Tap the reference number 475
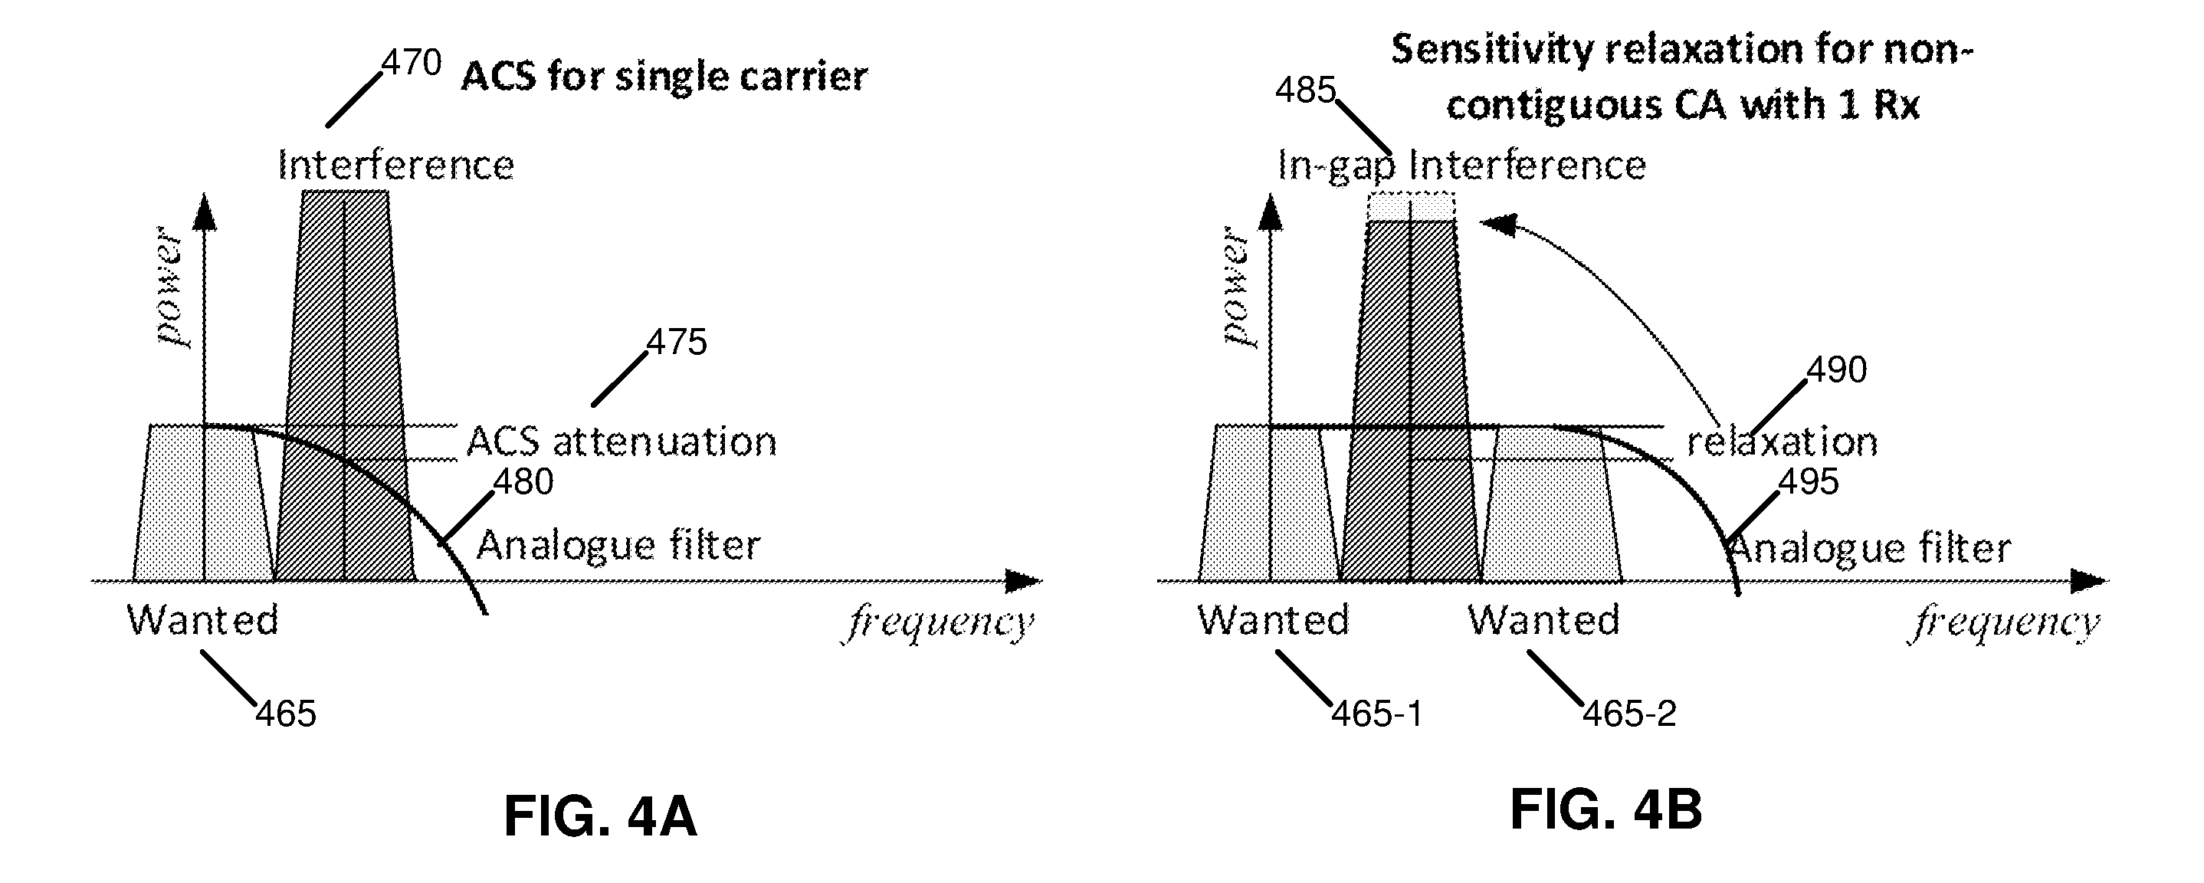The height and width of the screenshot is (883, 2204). tap(677, 343)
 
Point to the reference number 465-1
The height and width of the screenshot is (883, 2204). tap(1376, 714)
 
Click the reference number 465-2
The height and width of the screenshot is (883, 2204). tap(1629, 714)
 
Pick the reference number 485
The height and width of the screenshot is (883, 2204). tap(1306, 90)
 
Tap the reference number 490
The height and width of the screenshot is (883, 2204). tap(1837, 369)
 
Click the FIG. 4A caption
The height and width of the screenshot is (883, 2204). tap(601, 816)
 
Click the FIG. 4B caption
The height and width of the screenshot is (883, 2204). tap(1606, 809)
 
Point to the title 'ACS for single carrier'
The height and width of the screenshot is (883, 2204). tap(664, 76)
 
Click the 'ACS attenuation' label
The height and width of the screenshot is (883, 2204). tap(622, 441)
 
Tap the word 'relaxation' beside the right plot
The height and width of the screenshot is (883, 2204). tap(1783, 441)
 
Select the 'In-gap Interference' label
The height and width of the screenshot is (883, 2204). tap(1461, 165)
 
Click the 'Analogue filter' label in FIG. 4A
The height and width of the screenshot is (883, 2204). tap(618, 545)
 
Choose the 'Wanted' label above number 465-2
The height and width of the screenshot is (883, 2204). tap(1544, 619)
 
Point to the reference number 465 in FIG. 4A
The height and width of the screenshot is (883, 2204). tap(286, 714)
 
